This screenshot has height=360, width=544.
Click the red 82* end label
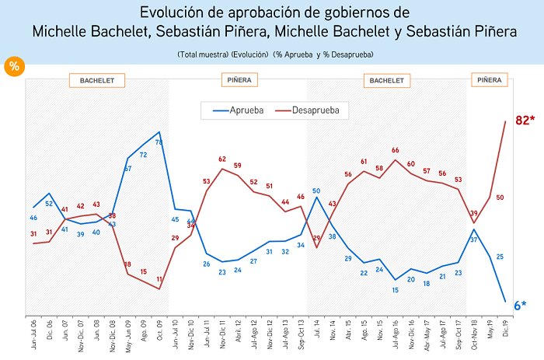tap(518, 121)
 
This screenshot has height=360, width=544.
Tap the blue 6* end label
tap(521, 306)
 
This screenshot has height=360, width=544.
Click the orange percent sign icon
tap(13, 66)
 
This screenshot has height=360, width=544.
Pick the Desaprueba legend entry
tap(314, 110)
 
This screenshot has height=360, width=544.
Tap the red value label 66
tap(395, 150)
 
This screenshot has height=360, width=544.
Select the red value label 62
tap(221, 159)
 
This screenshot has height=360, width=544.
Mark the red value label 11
tap(159, 279)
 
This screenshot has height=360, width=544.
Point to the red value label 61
tap(363, 162)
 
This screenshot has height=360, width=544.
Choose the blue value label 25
tap(500, 257)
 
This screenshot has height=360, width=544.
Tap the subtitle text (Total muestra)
tap(201, 54)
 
